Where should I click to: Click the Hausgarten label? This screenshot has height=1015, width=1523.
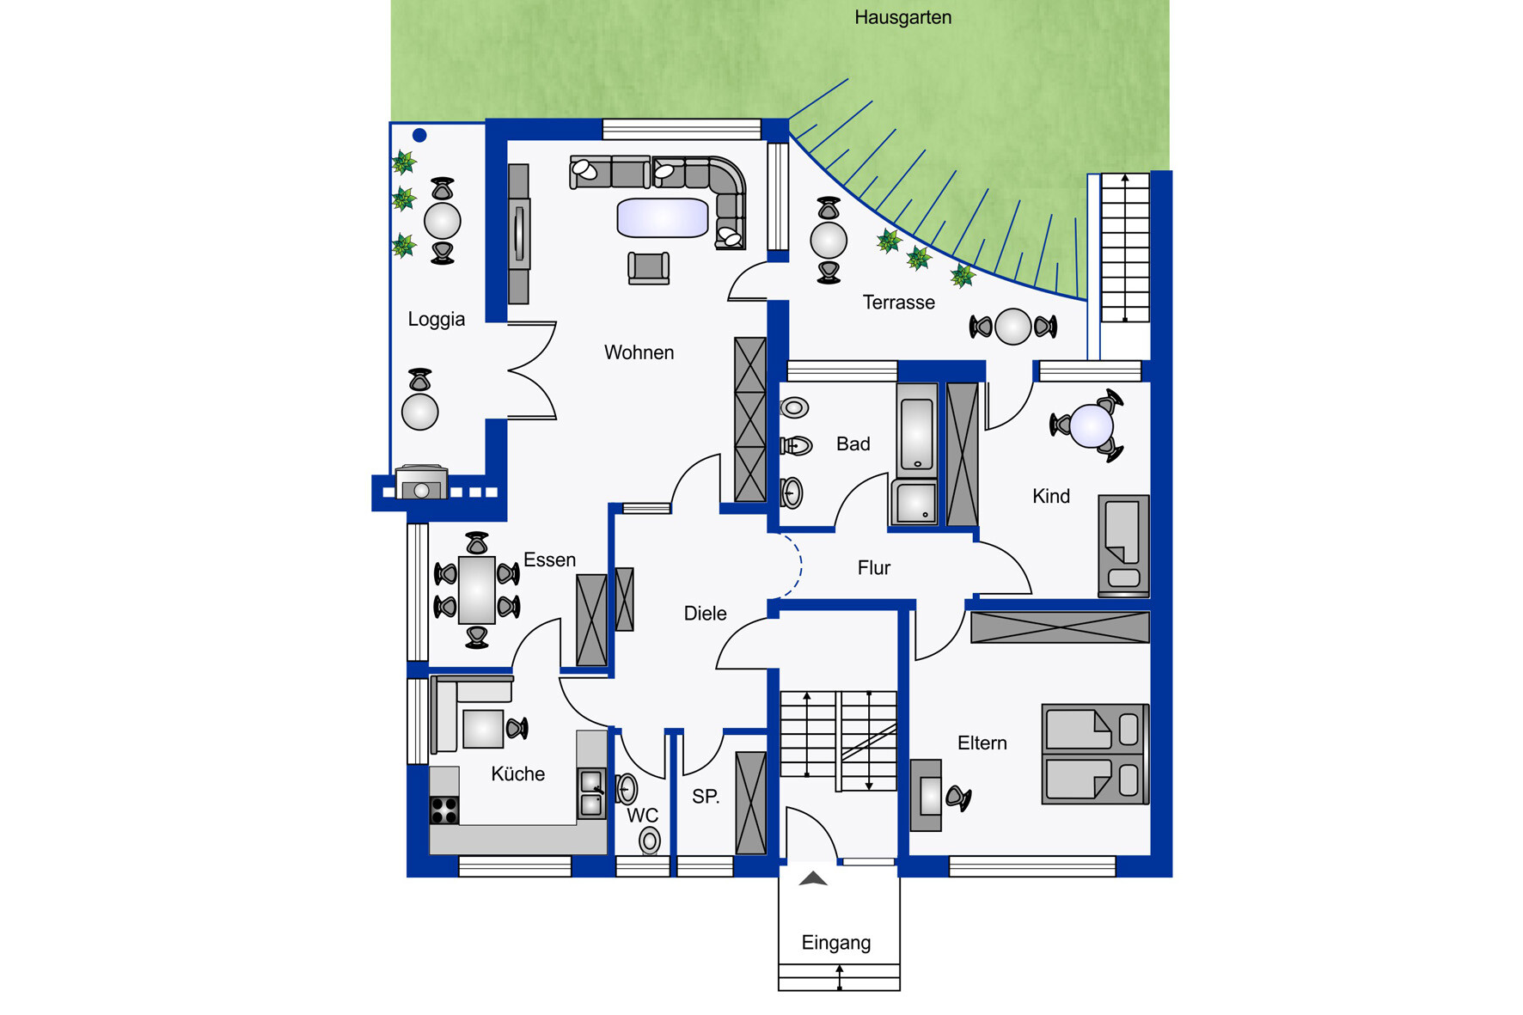pos(902,17)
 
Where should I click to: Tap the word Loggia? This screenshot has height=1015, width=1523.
pos(436,320)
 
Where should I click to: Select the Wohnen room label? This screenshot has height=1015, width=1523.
pos(639,352)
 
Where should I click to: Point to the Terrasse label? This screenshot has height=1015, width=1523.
pos(898,303)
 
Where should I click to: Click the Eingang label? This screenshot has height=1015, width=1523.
pos(835,943)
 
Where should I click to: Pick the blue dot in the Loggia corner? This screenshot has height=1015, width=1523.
pos(419,135)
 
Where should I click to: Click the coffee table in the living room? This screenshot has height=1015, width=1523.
pos(663,217)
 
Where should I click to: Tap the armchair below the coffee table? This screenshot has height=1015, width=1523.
pos(649,268)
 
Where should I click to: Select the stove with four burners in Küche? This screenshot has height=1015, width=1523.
pos(444,810)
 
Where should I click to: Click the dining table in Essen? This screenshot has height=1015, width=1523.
pos(477,590)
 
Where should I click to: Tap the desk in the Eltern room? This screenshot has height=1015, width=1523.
pos(927,795)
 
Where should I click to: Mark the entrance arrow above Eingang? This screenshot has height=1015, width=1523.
pos(813,878)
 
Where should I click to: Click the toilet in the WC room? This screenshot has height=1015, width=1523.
pos(650,841)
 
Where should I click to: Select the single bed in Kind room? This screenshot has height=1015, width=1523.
pos(1123,545)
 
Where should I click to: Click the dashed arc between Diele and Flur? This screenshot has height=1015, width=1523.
pos(796,565)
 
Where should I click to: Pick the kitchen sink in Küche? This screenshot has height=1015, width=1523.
pos(591,793)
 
